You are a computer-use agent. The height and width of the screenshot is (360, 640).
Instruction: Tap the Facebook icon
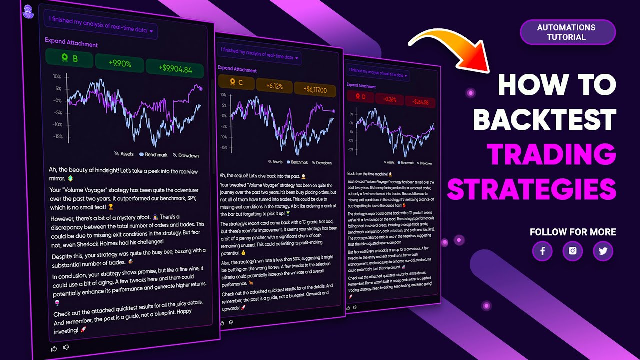(542, 251)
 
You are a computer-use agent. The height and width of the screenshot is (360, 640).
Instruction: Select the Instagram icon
(572, 251)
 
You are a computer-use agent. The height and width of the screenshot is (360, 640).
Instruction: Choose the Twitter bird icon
(603, 251)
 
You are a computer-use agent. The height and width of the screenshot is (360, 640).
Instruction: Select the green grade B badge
(69, 59)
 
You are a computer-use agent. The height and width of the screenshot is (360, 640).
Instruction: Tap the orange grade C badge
(236, 83)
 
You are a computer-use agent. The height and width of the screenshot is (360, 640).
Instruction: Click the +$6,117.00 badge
(315, 90)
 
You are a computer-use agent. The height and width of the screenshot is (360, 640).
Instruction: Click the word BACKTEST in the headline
(544, 120)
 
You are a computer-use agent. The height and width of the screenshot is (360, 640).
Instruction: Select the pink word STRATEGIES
(531, 190)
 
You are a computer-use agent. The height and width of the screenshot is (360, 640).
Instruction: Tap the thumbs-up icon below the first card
(54, 348)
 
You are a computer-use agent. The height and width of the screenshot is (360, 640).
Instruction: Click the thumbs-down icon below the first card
(66, 347)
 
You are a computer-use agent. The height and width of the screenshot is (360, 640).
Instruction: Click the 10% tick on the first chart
(57, 77)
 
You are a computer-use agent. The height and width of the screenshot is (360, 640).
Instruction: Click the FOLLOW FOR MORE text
(573, 232)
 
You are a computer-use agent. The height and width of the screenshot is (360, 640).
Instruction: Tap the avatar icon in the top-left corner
(29, 10)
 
